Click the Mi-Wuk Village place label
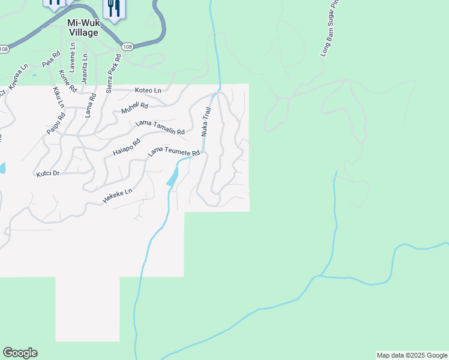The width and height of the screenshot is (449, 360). pyautogui.click(x=82, y=28)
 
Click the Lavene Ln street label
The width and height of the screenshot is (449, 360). pyautogui.click(x=72, y=61)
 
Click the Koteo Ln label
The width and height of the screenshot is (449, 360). pyautogui.click(x=148, y=91)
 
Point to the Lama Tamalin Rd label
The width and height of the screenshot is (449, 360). pyautogui.click(x=160, y=127)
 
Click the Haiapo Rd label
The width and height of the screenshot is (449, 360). pyautogui.click(x=126, y=147)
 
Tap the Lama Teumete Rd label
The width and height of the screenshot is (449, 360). pyautogui.click(x=173, y=152)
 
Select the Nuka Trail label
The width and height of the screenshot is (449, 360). pyautogui.click(x=207, y=121)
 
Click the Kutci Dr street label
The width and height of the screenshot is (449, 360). pyautogui.click(x=48, y=173)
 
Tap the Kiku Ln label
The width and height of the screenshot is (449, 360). pyautogui.click(x=58, y=97)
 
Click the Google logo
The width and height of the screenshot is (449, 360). pyautogui.click(x=20, y=353)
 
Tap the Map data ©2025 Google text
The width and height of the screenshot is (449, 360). pyautogui.click(x=411, y=355)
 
